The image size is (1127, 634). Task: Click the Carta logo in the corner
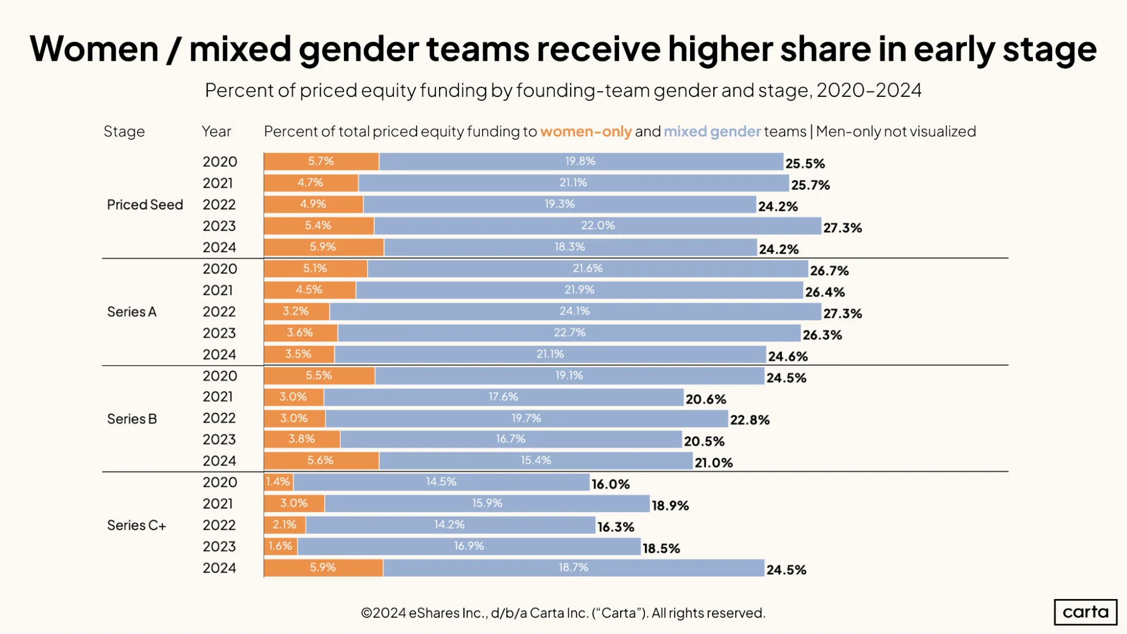[x=1085, y=611]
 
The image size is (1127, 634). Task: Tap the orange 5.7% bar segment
[x=321, y=161]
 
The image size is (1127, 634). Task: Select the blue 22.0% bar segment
[x=598, y=225]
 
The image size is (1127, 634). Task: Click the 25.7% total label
[x=810, y=185]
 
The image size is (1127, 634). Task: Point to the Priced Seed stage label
[x=145, y=205]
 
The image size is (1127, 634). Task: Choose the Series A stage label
[x=132, y=312]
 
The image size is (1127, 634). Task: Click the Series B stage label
[x=132, y=419]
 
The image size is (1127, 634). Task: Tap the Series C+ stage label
[x=136, y=525]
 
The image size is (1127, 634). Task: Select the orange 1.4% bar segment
[x=279, y=482]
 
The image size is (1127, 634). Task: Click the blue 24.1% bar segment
[x=575, y=311]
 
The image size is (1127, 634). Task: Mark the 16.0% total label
[x=611, y=484]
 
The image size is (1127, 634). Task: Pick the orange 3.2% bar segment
[x=297, y=311]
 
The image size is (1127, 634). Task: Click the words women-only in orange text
[x=586, y=131]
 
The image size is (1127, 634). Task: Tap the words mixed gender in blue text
[x=712, y=131]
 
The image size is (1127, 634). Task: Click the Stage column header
[x=124, y=131]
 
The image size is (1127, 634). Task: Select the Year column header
[x=216, y=131]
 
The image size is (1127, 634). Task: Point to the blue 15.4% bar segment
[x=536, y=460]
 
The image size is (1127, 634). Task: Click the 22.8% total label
[x=750, y=420]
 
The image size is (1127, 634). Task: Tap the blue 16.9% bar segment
[x=469, y=546]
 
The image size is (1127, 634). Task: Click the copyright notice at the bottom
[x=563, y=613]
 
